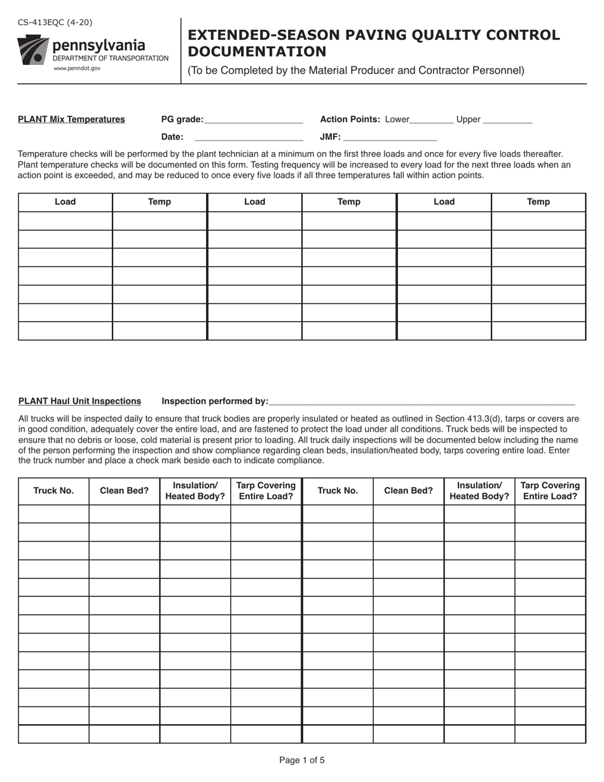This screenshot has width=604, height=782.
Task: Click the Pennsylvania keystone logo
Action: (33, 50)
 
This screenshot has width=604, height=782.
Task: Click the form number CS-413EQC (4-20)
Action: (55, 22)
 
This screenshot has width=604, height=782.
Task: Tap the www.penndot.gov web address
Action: (77, 68)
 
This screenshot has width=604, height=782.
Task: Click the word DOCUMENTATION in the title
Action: (257, 51)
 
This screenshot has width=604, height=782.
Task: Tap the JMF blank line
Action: (390, 138)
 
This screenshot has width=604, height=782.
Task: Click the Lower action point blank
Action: (432, 121)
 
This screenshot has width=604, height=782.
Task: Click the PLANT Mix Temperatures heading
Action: (71, 120)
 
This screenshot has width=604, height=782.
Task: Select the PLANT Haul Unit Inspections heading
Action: (79, 401)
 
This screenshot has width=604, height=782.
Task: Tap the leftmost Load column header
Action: (65, 202)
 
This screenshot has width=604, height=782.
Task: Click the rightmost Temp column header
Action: (538, 202)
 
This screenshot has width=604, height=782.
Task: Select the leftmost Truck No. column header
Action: (53, 491)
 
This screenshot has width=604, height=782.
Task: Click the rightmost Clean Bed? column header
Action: (408, 491)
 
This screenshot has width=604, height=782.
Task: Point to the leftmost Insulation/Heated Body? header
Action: (195, 491)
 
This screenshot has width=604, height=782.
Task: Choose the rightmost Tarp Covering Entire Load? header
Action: (550, 491)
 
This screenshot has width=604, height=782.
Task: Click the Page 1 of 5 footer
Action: (302, 760)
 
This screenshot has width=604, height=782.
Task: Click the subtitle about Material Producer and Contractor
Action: (356, 71)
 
